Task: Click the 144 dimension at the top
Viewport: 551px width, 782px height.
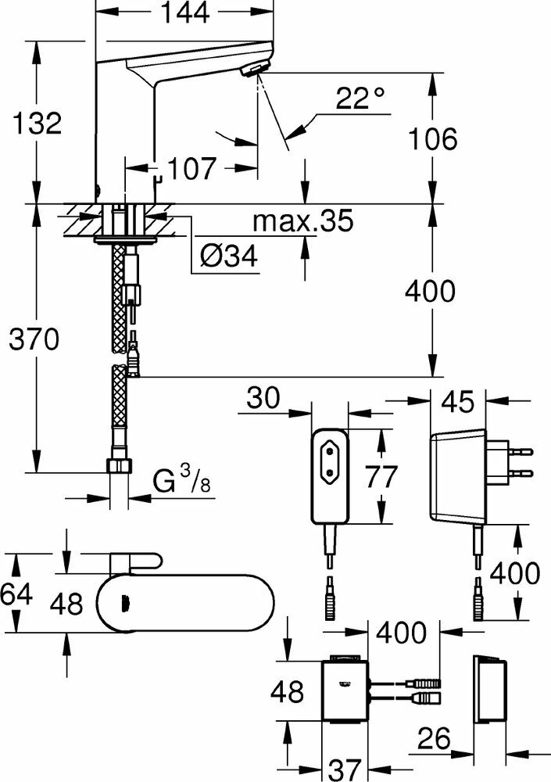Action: click(x=187, y=13)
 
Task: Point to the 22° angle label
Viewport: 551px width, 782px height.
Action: click(x=361, y=99)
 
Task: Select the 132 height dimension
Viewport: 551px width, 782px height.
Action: click(x=32, y=123)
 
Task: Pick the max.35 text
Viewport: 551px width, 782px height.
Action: click(x=303, y=222)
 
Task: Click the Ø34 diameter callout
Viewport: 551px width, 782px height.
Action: click(x=229, y=255)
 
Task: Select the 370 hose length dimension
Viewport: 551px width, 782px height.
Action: click(x=32, y=339)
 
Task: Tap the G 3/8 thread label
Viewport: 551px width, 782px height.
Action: click(x=181, y=482)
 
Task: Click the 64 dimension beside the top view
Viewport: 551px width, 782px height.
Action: click(x=16, y=594)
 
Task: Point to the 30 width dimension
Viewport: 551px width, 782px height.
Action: click(x=264, y=399)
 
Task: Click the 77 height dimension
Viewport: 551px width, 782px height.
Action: click(x=380, y=475)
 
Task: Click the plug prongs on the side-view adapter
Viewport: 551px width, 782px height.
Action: click(x=517, y=461)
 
